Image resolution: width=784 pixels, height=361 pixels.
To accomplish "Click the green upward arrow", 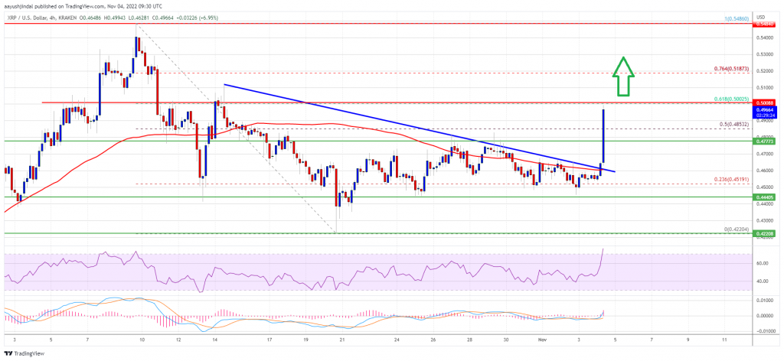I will pyautogui.click(x=624, y=76).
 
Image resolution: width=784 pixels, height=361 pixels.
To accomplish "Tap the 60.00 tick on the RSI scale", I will pyautogui.click(x=762, y=263).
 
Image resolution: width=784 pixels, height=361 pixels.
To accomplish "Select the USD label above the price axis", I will pyautogui.click(x=763, y=16).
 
